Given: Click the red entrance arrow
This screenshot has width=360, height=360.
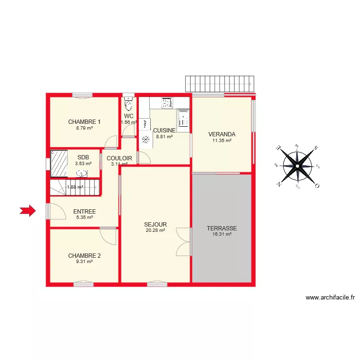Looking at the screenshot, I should click(28, 210).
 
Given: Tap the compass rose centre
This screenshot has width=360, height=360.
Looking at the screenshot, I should click(298, 166).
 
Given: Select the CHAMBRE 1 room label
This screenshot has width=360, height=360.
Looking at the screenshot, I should click(84, 121).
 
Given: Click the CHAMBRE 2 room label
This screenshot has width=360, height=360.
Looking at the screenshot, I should click(84, 255).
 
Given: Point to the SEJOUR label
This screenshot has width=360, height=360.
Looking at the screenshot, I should click(156, 224).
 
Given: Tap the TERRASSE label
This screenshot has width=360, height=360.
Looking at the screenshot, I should click(222, 228).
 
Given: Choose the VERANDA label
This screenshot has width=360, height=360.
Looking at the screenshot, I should click(222, 134).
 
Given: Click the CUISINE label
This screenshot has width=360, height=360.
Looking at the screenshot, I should click(164, 130).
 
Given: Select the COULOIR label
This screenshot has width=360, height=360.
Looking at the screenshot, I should click(120, 158).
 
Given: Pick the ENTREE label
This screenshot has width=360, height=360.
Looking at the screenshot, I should click(84, 212).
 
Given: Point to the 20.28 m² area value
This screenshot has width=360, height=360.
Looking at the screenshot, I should click(156, 230).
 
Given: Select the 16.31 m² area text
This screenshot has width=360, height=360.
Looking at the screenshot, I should click(222, 235).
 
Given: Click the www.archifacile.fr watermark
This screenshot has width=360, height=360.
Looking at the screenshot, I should click(330, 298).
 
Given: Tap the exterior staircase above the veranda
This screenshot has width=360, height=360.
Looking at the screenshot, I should click(219, 84).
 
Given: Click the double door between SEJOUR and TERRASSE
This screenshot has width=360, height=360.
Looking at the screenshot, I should click(184, 242).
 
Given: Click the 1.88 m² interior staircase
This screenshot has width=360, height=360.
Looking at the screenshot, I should click(74, 187).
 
